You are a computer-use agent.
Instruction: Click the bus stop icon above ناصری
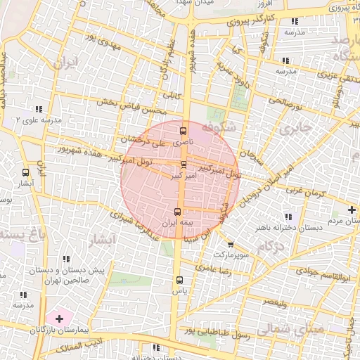pos(184,130)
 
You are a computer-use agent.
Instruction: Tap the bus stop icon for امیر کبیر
pos(184,164)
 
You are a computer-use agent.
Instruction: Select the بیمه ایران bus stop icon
pos(177,211)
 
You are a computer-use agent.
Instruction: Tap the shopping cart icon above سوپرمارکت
pos(231,245)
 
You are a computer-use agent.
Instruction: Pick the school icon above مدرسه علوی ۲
pos(38,110)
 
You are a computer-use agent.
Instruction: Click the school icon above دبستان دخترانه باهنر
pos(289,217)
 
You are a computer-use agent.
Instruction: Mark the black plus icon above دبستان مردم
pos(352,210)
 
